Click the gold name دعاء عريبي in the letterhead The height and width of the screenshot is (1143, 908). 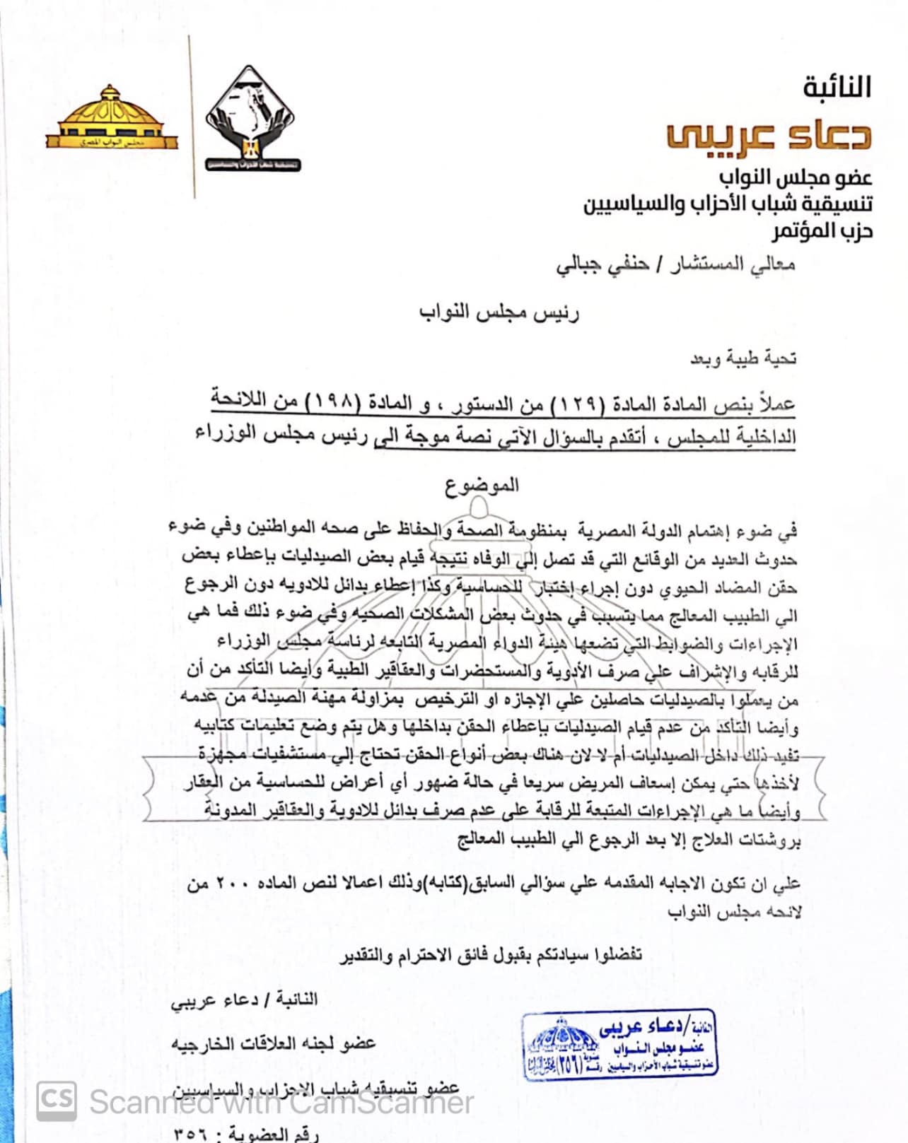click(x=769, y=135)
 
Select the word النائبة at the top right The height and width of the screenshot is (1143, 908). click(x=837, y=88)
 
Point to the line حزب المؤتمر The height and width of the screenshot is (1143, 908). click(x=822, y=231)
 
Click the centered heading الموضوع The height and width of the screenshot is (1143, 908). click(x=482, y=485)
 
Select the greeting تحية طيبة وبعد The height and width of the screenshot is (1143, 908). click(x=743, y=358)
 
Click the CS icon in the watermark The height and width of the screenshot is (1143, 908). click(x=57, y=1101)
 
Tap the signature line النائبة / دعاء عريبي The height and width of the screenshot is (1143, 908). click(x=244, y=1000)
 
